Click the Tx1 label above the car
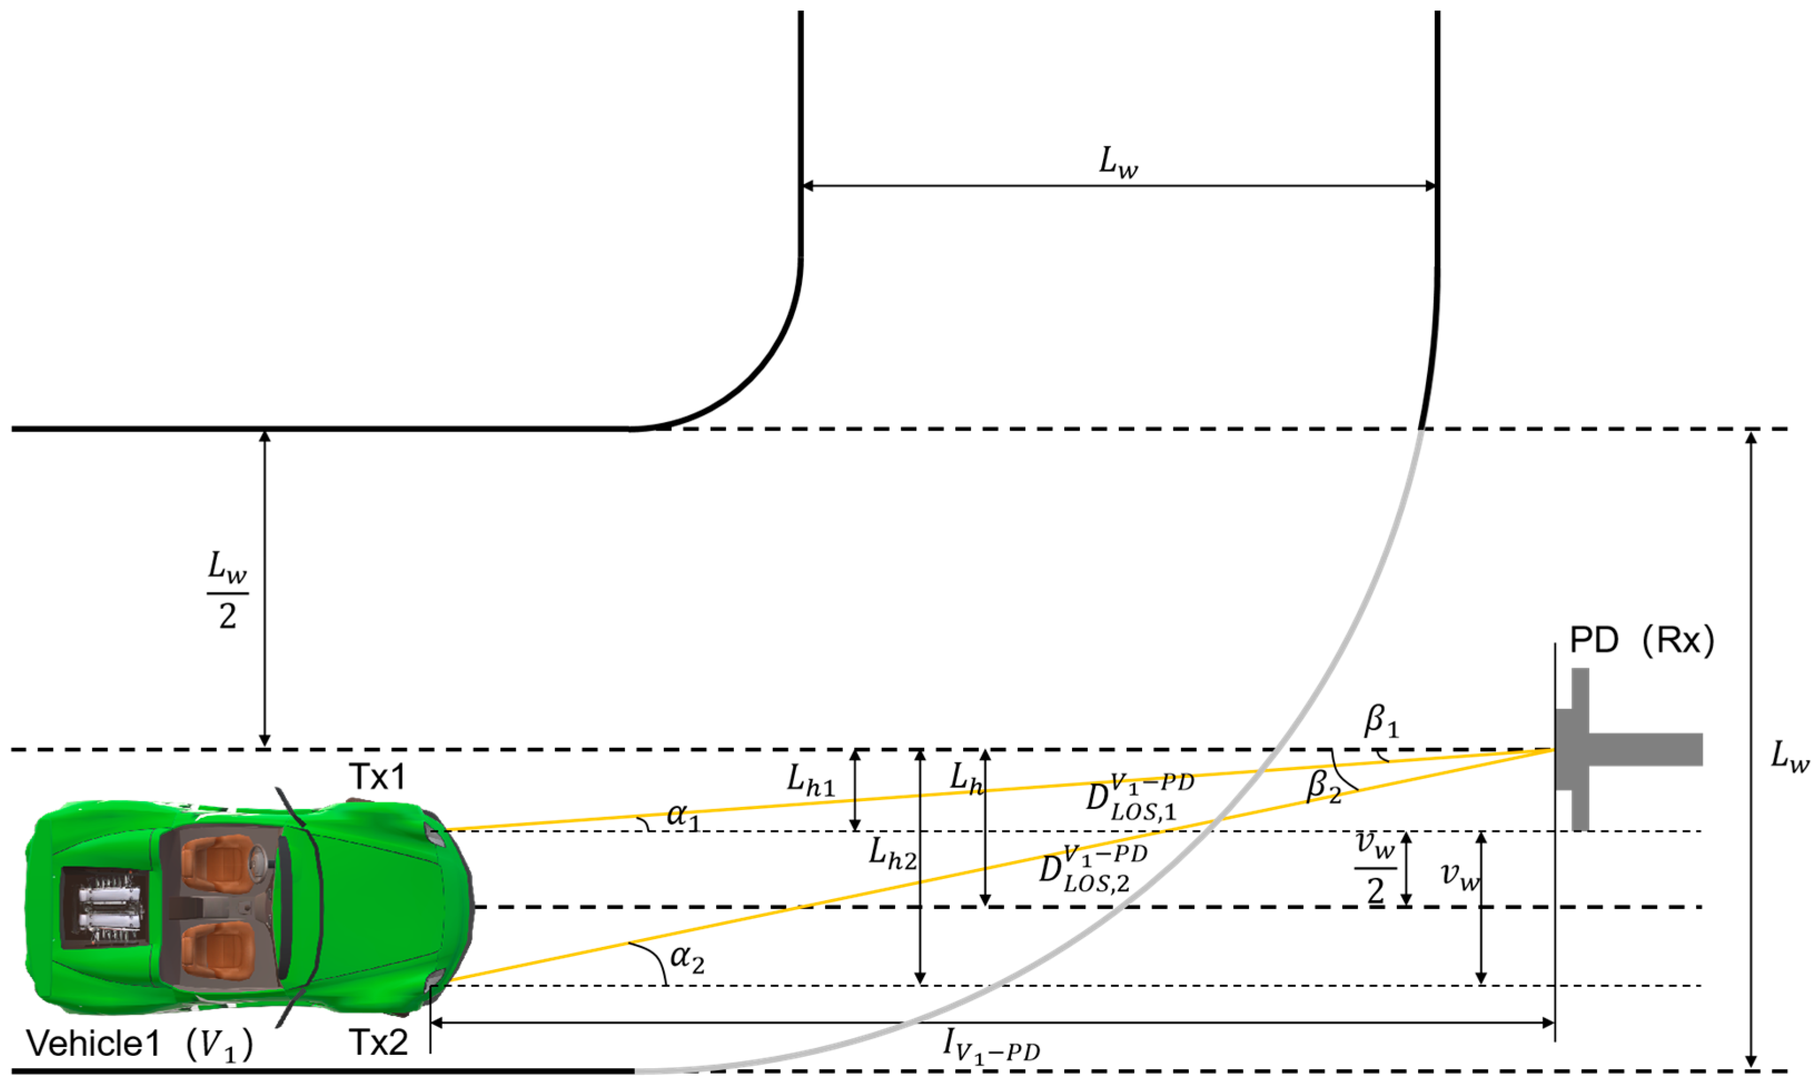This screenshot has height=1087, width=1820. (378, 777)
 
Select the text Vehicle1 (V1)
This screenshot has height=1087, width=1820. (139, 1044)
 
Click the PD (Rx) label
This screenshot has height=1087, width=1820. (1641, 641)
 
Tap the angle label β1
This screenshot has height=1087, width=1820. (1380, 721)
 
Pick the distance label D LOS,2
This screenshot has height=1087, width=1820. (1092, 869)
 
